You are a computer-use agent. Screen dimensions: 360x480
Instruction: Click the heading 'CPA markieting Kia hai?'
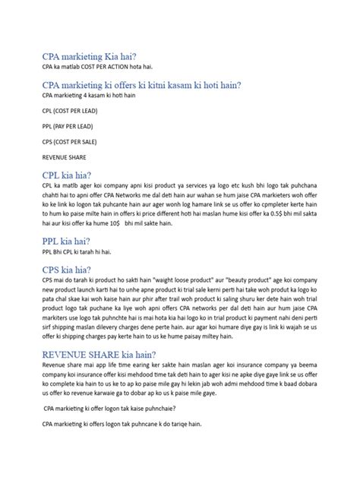[91, 55]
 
